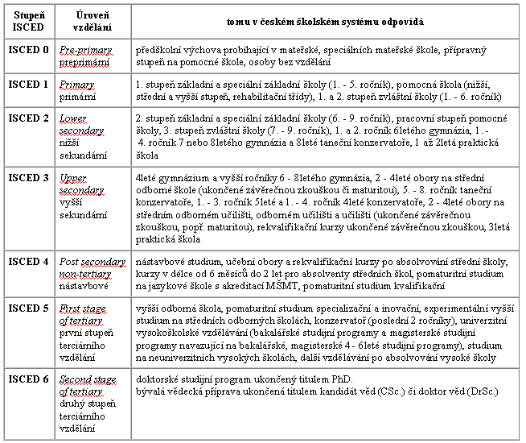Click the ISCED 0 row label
click(x=27, y=50)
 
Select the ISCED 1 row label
click(x=27, y=84)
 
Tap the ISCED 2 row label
click(x=27, y=118)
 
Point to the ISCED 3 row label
click(x=27, y=176)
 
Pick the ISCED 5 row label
click(x=27, y=309)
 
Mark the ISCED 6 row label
click(x=27, y=379)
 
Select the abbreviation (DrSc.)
click(x=476, y=391)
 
